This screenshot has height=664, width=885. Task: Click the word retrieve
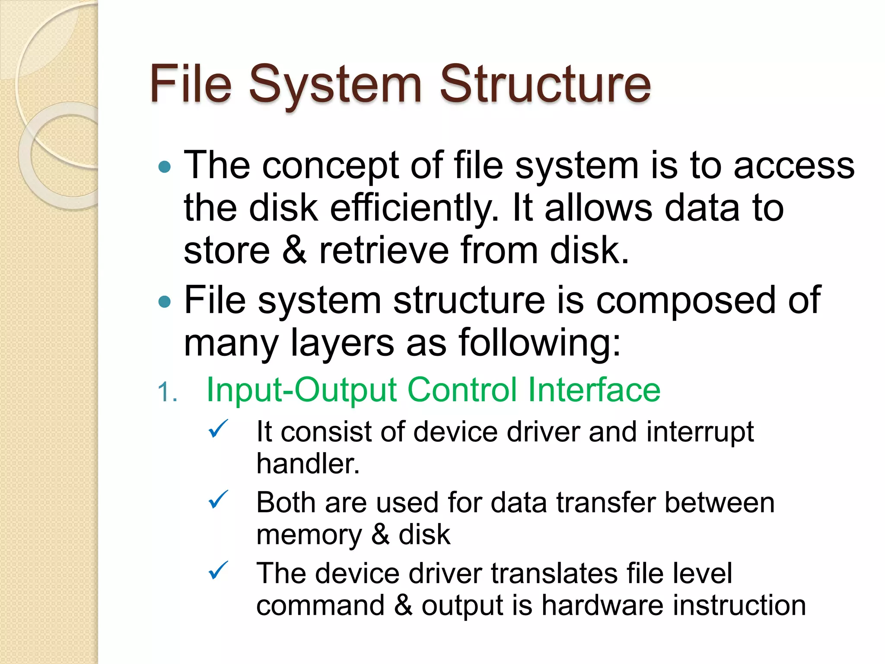[384, 251]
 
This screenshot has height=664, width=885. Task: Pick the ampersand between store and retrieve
[294, 251]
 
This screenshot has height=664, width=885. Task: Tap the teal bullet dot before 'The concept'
[165, 167]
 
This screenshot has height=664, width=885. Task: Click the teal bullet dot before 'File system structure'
[165, 301]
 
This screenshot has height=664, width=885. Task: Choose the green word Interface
[594, 390]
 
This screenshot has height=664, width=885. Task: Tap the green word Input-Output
[302, 390]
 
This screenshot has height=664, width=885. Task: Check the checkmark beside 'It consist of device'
[218, 429]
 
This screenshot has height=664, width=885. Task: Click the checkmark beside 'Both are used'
[218, 500]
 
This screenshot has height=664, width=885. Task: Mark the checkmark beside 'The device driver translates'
[218, 571]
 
